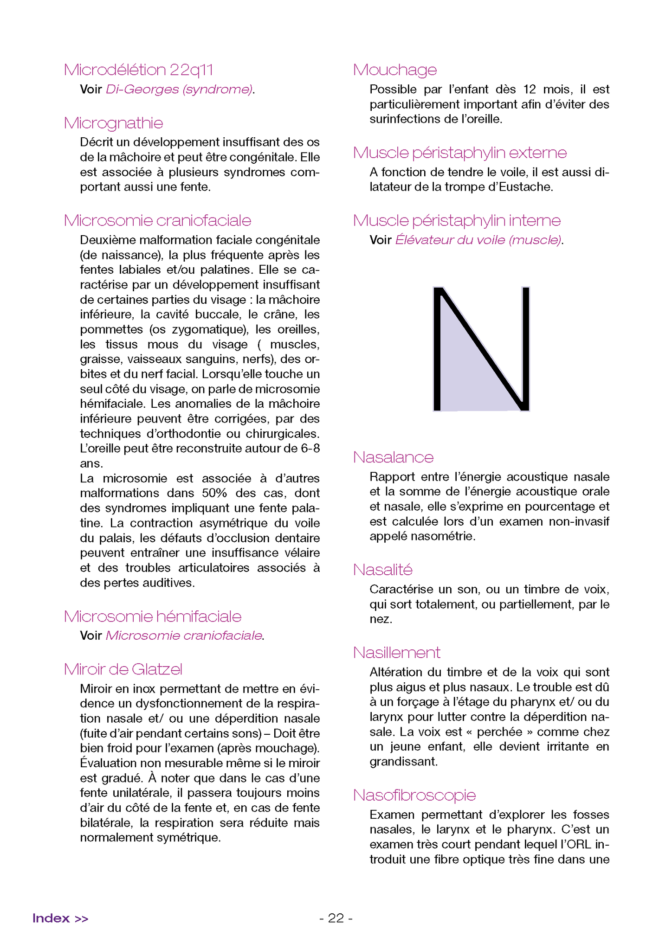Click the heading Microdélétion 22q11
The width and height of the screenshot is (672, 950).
(x=138, y=70)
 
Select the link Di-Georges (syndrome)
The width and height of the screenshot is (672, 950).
(x=179, y=90)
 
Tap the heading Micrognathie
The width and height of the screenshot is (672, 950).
(x=114, y=123)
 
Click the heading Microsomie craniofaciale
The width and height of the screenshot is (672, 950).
(x=157, y=221)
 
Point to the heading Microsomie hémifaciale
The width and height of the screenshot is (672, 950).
(x=153, y=616)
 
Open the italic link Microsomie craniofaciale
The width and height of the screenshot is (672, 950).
(x=184, y=635)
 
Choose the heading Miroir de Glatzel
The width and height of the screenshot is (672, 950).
(x=123, y=669)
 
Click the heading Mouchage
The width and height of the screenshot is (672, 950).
(x=395, y=70)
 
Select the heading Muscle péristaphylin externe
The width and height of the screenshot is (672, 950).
(x=460, y=153)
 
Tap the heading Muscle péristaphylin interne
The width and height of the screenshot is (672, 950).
(x=457, y=221)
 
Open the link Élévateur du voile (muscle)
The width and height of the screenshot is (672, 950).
(x=478, y=240)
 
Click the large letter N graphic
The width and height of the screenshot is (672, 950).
(x=481, y=349)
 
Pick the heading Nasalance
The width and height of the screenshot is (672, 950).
(x=393, y=457)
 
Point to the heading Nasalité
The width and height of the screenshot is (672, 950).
(x=383, y=570)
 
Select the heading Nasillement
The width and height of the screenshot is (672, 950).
(x=397, y=653)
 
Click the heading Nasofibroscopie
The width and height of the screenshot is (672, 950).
(x=414, y=795)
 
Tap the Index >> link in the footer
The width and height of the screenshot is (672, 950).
(x=60, y=918)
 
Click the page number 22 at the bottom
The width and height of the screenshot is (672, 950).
(x=336, y=918)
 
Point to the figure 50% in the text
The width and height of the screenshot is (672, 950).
(x=214, y=493)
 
